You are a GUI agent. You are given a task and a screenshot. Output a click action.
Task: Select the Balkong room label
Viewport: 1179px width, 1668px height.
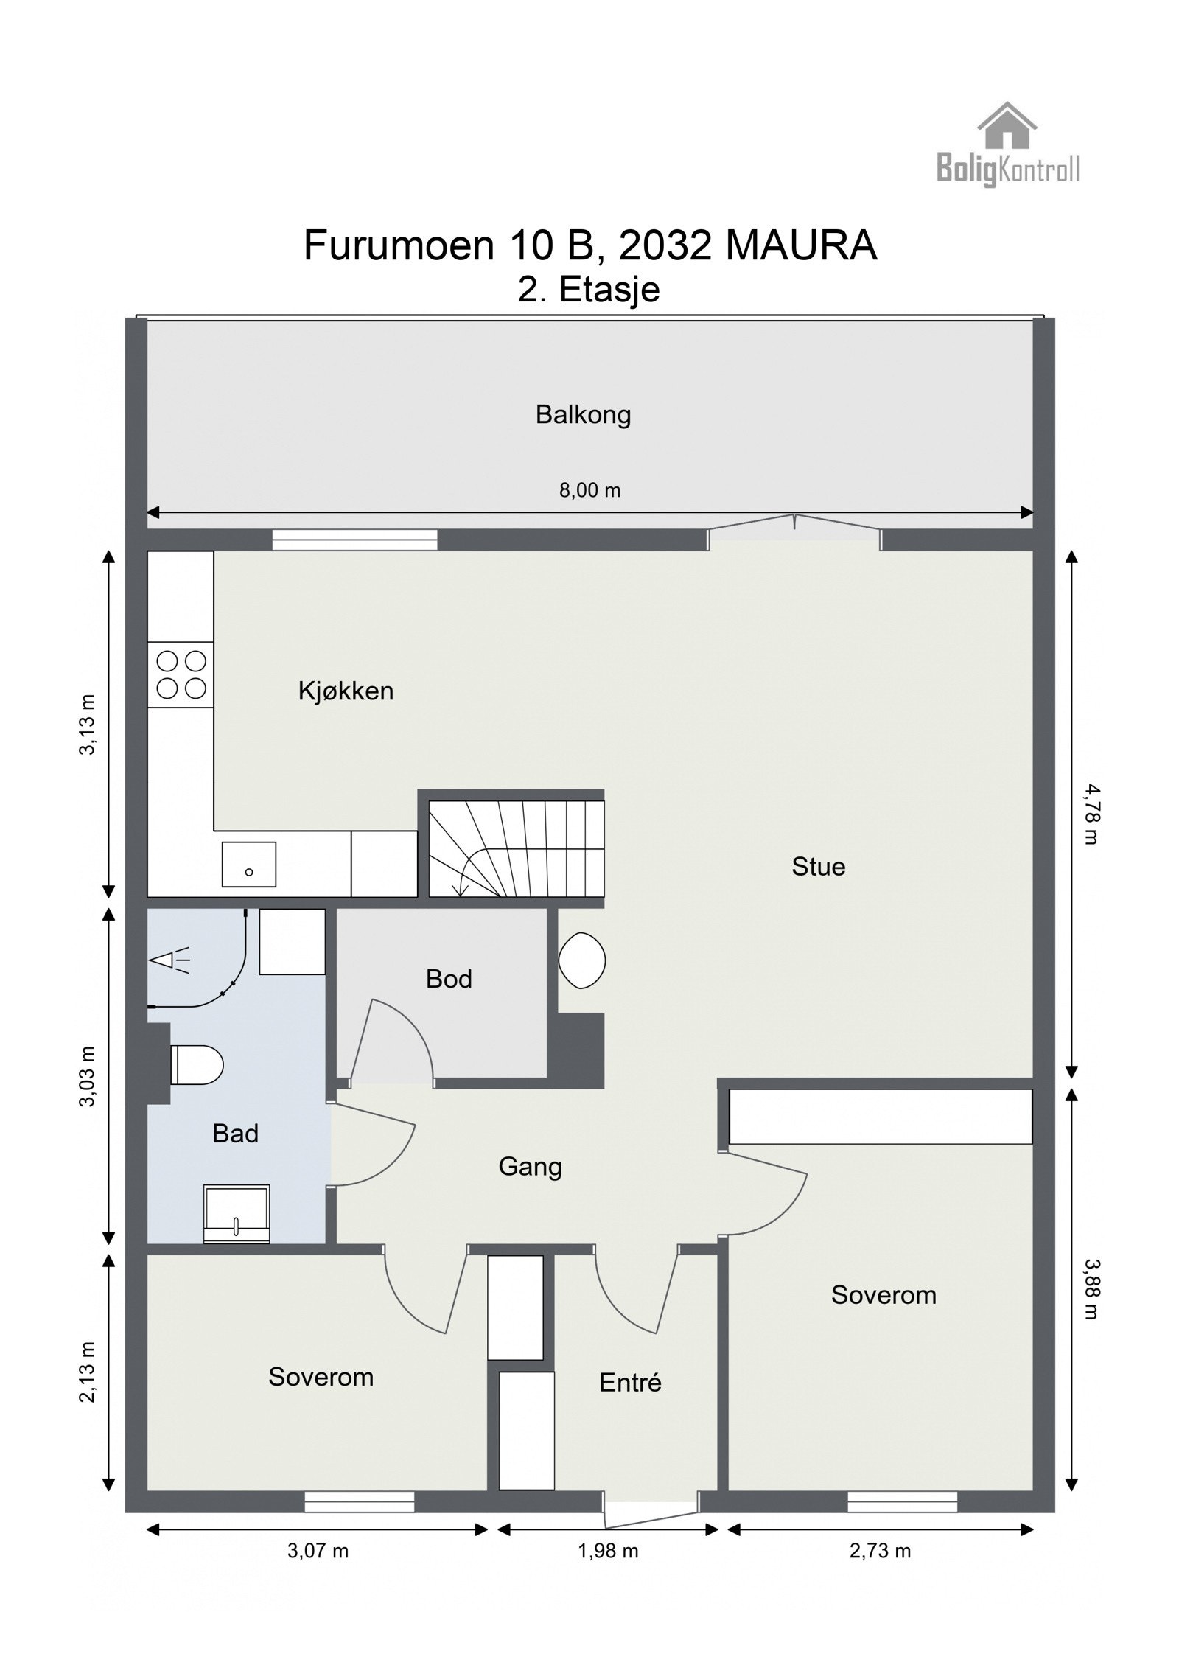pyautogui.click(x=583, y=415)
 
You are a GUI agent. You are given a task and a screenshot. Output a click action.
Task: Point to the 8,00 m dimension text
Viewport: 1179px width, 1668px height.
pyautogui.click(x=589, y=490)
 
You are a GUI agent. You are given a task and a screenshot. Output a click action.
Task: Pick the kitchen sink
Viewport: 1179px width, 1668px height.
pyautogui.click(x=249, y=864)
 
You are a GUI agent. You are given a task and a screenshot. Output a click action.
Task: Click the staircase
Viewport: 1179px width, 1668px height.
pyautogui.click(x=517, y=848)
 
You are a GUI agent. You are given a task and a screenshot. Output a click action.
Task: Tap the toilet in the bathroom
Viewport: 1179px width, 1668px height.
pyautogui.click(x=197, y=1065)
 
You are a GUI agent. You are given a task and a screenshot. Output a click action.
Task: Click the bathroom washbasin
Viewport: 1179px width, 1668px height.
pyautogui.click(x=236, y=1214)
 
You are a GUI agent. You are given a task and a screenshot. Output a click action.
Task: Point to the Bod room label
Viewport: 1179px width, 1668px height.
pyautogui.click(x=449, y=979)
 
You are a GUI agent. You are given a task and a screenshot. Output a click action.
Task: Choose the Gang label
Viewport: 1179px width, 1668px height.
pyautogui.click(x=530, y=1168)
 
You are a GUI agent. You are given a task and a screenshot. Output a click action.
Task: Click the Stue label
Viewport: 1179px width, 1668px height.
pyautogui.click(x=818, y=866)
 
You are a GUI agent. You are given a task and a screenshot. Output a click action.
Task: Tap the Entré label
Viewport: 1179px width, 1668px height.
pyautogui.click(x=630, y=1383)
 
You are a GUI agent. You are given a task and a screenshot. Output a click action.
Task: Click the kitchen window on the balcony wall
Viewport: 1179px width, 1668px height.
pyautogui.click(x=354, y=540)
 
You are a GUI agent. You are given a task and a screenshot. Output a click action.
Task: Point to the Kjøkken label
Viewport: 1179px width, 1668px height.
pyautogui.click(x=346, y=691)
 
